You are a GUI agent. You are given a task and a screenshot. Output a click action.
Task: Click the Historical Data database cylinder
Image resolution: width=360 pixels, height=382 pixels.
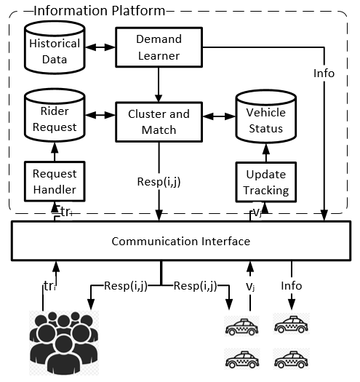[55, 47]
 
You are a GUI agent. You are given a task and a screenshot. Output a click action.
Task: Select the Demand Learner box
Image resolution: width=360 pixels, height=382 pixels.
[159, 47]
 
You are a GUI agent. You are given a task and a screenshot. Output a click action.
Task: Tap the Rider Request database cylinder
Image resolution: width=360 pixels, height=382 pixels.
[55, 115]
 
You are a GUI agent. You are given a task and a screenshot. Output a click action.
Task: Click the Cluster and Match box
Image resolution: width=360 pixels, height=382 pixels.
[159, 122]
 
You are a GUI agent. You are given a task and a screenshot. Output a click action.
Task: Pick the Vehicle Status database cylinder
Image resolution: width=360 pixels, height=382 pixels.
[265, 116]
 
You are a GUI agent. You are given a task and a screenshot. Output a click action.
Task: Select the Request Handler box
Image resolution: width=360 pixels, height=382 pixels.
[55, 181]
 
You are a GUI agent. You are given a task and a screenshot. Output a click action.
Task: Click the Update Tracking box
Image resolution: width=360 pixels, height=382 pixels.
[265, 182]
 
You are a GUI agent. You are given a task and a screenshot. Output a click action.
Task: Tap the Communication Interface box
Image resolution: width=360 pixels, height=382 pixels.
[181, 241]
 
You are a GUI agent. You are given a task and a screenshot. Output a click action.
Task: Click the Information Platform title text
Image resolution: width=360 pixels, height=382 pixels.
[100, 11]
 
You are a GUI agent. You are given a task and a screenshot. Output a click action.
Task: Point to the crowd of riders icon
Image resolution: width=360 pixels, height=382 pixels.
[64, 343]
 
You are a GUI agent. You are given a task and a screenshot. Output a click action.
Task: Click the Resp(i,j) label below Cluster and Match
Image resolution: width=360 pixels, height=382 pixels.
[159, 182]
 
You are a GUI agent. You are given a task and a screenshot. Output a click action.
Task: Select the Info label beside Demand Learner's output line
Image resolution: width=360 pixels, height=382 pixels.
[324, 73]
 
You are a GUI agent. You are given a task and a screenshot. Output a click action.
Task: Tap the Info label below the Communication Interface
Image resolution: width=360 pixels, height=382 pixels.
[292, 285]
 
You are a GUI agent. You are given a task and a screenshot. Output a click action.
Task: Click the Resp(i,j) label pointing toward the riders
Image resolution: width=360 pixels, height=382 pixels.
[126, 286]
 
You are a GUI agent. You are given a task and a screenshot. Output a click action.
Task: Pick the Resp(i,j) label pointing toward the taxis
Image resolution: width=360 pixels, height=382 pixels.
[195, 286]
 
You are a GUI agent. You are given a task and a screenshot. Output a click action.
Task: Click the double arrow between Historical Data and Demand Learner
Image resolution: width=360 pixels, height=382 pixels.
[100, 47]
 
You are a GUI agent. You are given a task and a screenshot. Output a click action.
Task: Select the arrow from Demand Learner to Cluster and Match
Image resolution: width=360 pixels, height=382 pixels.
[159, 84]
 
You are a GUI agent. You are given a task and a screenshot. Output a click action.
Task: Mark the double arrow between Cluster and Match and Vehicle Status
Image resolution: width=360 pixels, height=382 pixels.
[219, 116]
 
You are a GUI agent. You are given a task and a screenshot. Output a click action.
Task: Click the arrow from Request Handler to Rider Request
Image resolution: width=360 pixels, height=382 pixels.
[55, 151]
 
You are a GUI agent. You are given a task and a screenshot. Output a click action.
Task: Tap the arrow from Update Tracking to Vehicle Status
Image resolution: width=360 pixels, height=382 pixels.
[265, 153]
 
